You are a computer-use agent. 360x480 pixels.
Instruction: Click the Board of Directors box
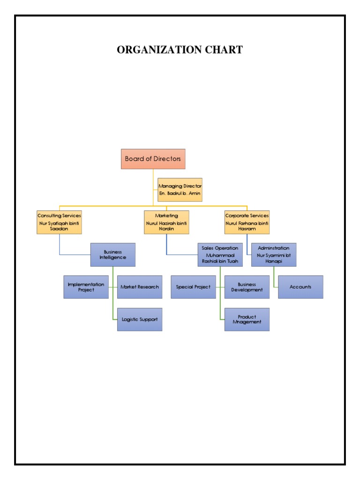(153, 159)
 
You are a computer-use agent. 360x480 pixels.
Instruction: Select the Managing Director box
(180, 190)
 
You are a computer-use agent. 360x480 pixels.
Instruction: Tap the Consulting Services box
(59, 222)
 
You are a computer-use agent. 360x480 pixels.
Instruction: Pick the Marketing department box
(166, 222)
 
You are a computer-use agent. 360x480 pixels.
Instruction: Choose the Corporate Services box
(247, 222)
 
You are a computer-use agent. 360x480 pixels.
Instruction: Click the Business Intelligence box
(112, 255)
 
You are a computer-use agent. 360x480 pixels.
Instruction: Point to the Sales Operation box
(220, 255)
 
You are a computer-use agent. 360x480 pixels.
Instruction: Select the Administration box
(274, 255)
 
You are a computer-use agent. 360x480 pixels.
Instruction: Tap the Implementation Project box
(86, 287)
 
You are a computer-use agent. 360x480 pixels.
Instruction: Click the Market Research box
(140, 287)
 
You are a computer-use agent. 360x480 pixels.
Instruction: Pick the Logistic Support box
(140, 319)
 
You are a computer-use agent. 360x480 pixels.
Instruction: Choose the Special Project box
(193, 287)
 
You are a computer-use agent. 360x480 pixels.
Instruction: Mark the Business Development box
(247, 287)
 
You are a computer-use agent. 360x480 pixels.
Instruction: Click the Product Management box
(247, 319)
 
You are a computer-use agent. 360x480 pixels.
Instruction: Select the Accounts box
(300, 287)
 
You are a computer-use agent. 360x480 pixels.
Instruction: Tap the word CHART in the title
(224, 50)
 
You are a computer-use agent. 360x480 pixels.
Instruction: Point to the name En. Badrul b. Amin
(180, 194)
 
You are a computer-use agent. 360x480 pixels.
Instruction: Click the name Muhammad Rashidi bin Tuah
(220, 258)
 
